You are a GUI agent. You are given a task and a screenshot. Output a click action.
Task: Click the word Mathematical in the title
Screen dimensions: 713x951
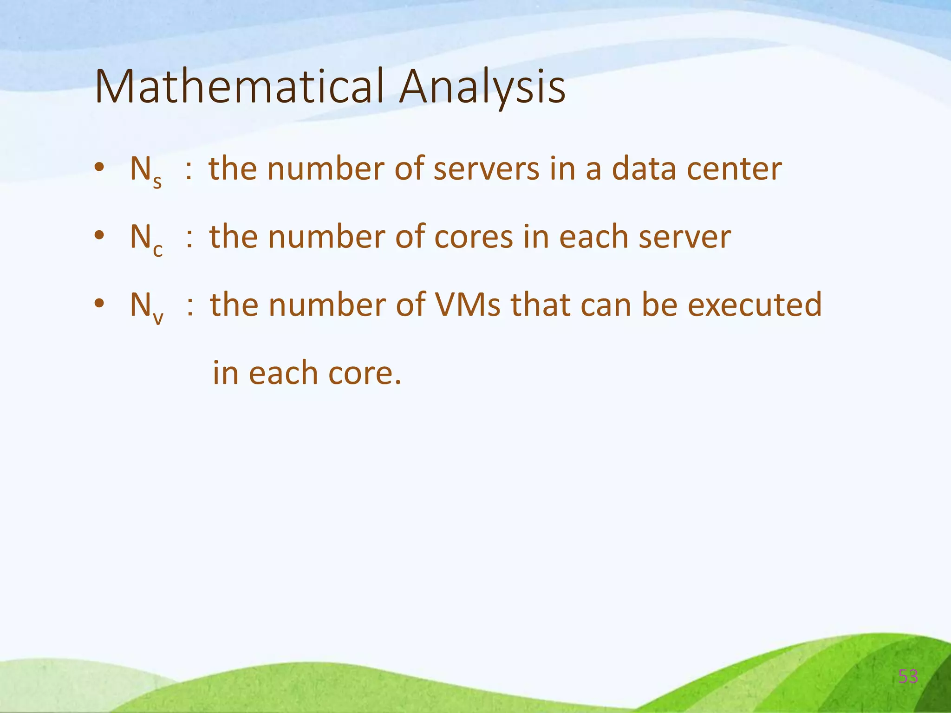(240, 87)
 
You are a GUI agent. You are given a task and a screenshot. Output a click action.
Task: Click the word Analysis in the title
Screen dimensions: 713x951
(482, 87)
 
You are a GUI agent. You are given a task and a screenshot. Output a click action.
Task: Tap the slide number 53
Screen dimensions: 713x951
(908, 677)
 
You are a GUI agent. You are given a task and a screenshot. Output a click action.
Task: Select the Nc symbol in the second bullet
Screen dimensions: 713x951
(146, 238)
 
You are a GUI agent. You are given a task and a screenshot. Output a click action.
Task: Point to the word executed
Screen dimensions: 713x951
(755, 305)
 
